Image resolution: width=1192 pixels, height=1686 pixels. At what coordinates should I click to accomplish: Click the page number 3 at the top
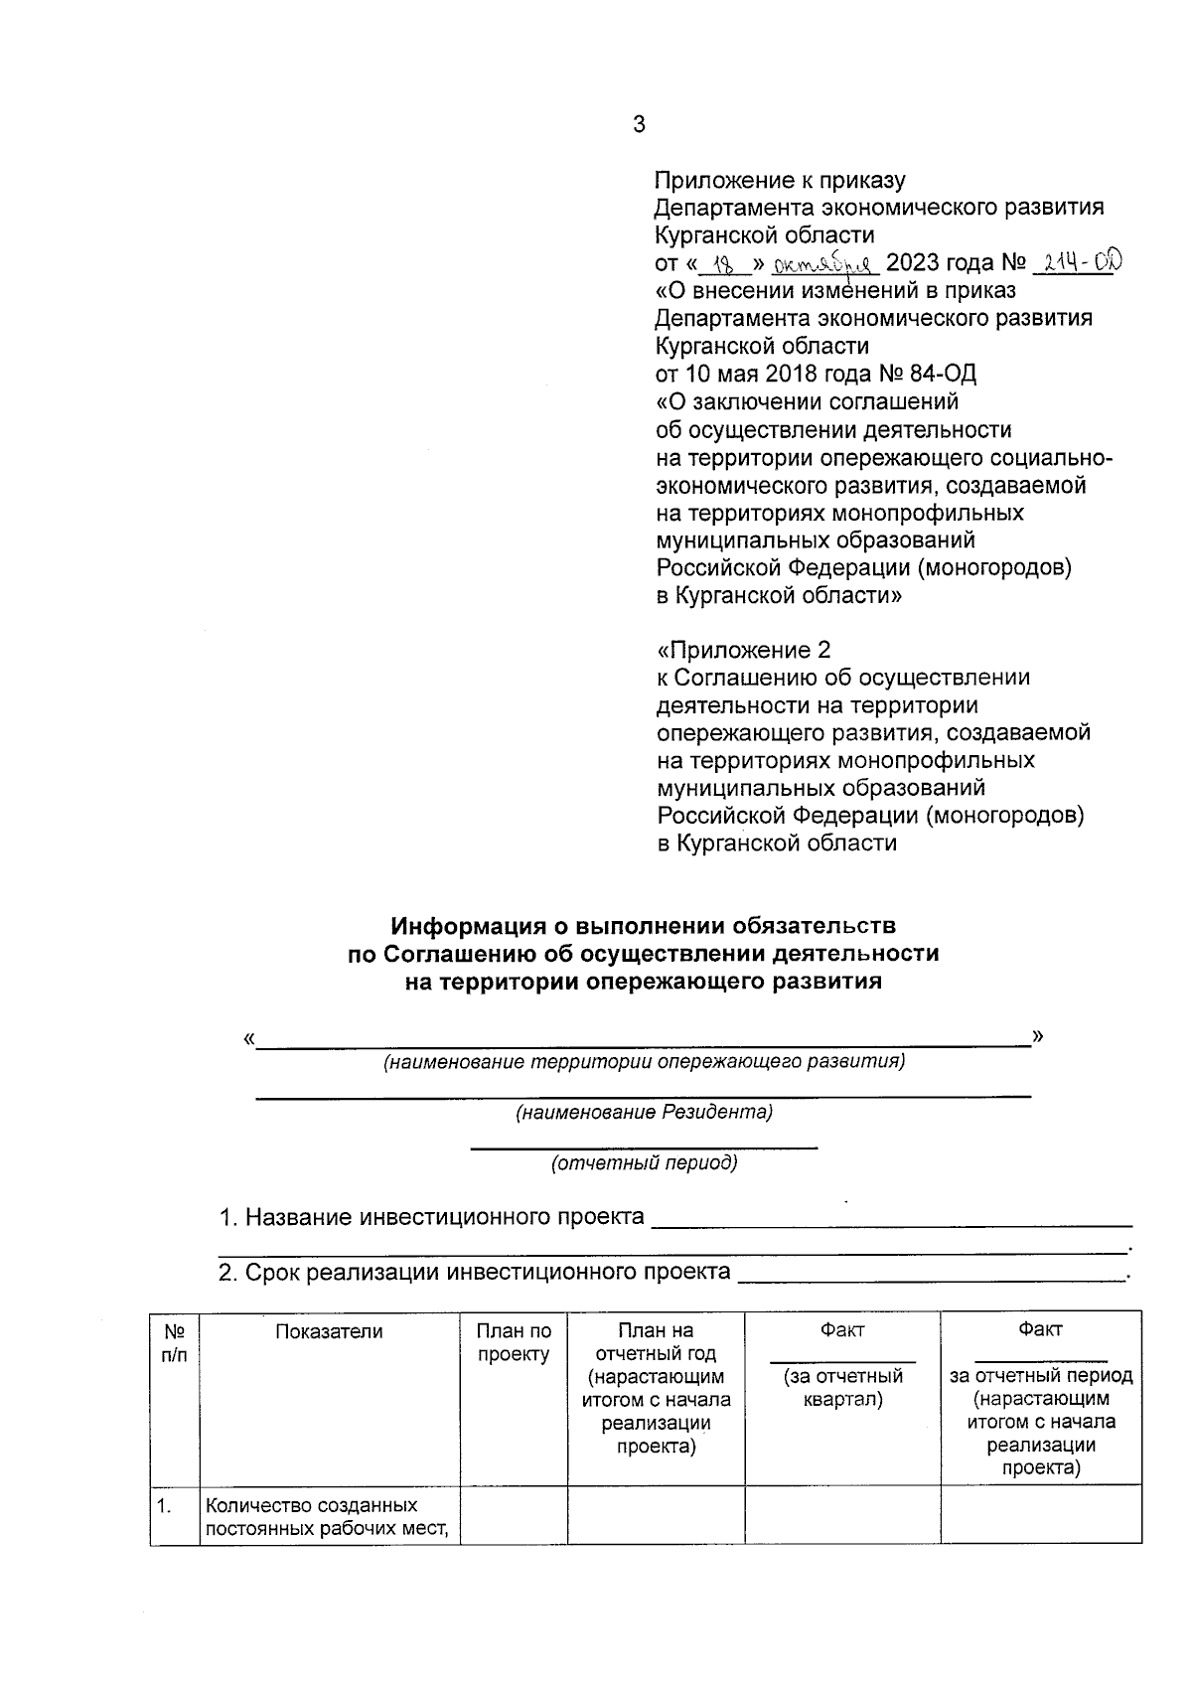click(638, 125)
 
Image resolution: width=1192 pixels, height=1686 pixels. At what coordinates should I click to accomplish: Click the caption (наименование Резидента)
click(643, 1113)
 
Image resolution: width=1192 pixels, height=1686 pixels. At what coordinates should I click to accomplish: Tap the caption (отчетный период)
click(644, 1163)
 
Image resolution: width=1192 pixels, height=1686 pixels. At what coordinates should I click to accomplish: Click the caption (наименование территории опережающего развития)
click(644, 1062)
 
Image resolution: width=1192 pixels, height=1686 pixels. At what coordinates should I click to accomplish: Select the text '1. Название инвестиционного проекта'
click(431, 1217)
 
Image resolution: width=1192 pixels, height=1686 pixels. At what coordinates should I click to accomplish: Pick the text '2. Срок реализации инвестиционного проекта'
click(474, 1272)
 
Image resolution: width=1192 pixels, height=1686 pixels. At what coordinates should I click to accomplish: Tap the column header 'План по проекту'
click(514, 1343)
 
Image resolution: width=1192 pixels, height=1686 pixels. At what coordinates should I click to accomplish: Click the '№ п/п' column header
click(174, 1343)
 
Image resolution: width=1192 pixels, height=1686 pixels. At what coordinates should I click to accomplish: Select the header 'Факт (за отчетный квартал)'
click(841, 1364)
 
